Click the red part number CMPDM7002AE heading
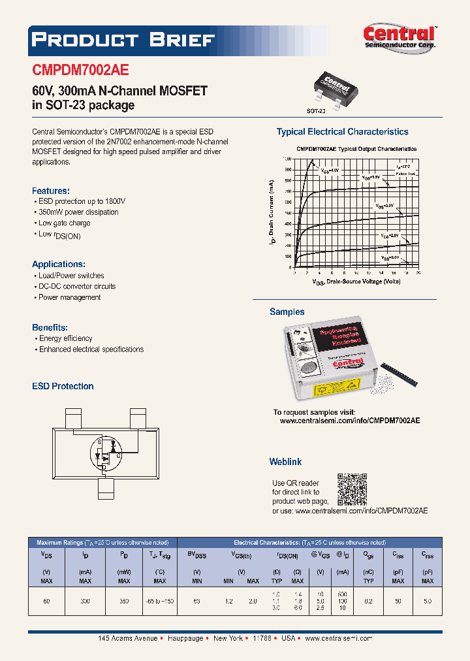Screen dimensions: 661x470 tap(80, 71)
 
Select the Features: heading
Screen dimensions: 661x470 tap(50, 191)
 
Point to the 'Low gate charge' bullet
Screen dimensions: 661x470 tap(64, 223)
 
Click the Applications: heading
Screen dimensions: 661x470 tap(58, 265)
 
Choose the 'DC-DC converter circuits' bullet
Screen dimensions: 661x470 tap(77, 286)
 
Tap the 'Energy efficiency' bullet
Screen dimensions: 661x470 tap(65, 338)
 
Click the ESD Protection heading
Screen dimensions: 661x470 tap(63, 386)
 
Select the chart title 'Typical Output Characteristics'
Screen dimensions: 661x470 tap(356, 149)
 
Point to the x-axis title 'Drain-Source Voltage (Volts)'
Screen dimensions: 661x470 tap(356, 282)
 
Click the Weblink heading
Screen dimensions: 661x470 tap(285, 462)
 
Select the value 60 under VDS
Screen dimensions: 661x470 tap(46, 600)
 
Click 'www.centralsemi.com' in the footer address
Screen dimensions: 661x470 tap(338, 638)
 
